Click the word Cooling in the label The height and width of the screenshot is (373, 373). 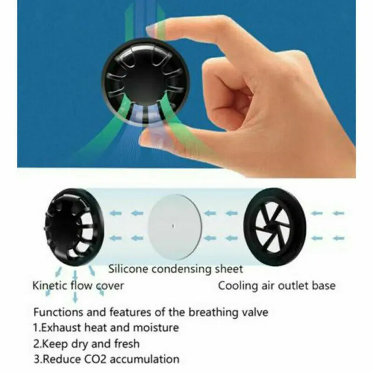click(x=236, y=285)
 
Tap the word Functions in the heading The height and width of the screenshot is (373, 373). click(x=55, y=312)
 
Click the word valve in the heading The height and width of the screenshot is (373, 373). click(x=256, y=312)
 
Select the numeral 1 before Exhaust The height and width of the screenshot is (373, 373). click(x=35, y=328)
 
